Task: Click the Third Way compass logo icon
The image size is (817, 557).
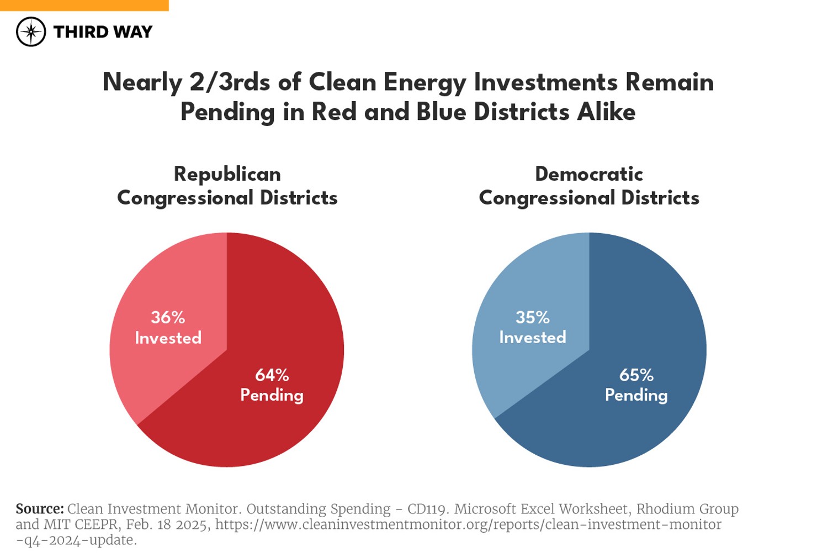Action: [x=31, y=31]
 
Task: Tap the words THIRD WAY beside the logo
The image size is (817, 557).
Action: [x=103, y=32]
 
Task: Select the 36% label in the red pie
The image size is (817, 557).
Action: [x=168, y=318]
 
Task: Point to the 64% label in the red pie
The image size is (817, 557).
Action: [x=272, y=376]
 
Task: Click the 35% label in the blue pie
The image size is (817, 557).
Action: [x=532, y=318]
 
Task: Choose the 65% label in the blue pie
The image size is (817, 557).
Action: [x=636, y=376]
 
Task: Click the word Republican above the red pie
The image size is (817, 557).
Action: [x=227, y=174]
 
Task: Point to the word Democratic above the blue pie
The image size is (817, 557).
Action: [x=589, y=174]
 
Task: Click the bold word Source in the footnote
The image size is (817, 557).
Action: [x=39, y=509]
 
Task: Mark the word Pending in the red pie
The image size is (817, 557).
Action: [x=272, y=396]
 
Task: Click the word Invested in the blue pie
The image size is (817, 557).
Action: [x=532, y=338]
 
